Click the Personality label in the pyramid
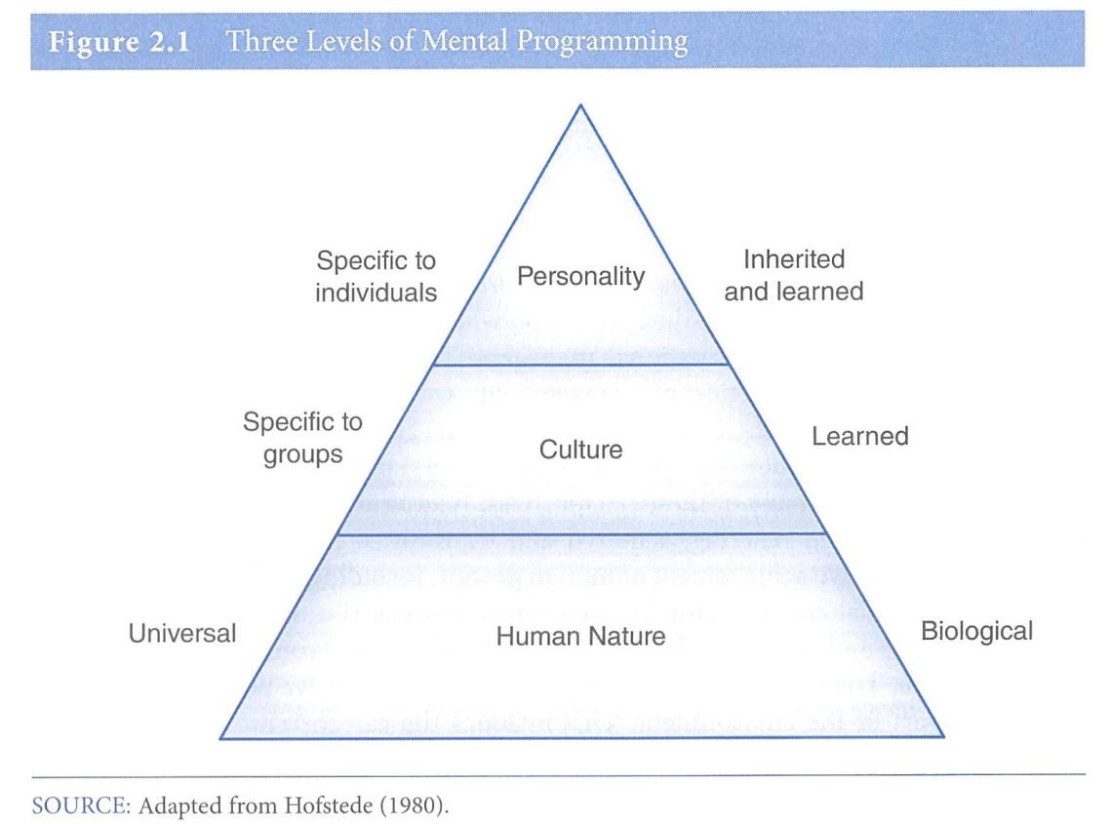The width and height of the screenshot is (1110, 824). click(x=580, y=277)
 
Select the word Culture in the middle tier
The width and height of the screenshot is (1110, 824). click(x=580, y=450)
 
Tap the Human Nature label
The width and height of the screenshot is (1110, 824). click(x=580, y=637)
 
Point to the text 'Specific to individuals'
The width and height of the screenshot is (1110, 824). click(x=376, y=277)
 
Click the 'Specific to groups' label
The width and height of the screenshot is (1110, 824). click(x=302, y=438)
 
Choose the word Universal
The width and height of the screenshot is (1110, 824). click(x=182, y=634)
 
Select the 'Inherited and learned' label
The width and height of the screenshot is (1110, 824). click(x=793, y=275)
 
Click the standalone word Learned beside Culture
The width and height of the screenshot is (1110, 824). click(x=859, y=436)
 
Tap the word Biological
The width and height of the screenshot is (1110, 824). click(x=976, y=632)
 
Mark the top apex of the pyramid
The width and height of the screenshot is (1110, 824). click(x=581, y=104)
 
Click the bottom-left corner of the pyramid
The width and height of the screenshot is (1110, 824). click(x=220, y=738)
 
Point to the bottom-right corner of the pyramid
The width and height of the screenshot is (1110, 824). click(x=943, y=738)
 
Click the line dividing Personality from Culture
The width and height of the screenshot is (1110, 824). click(x=580, y=364)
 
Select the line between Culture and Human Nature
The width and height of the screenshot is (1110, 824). click(x=580, y=534)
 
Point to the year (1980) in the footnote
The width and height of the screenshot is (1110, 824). click(x=420, y=805)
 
